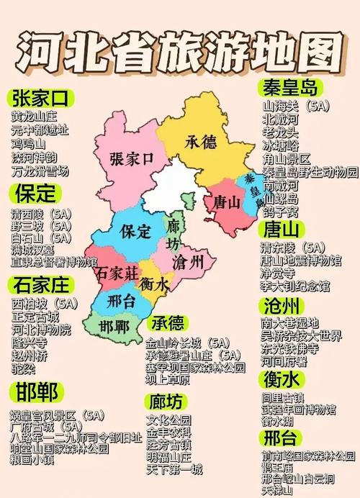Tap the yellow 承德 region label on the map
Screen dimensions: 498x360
pos(200,141)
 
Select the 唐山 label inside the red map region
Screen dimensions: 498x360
pos(226,202)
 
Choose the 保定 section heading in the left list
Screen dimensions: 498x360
pos(33,193)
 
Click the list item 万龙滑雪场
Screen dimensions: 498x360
pos(40,171)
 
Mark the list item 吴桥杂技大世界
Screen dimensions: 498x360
pos(301,336)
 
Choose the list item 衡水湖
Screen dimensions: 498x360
pos(278,421)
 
